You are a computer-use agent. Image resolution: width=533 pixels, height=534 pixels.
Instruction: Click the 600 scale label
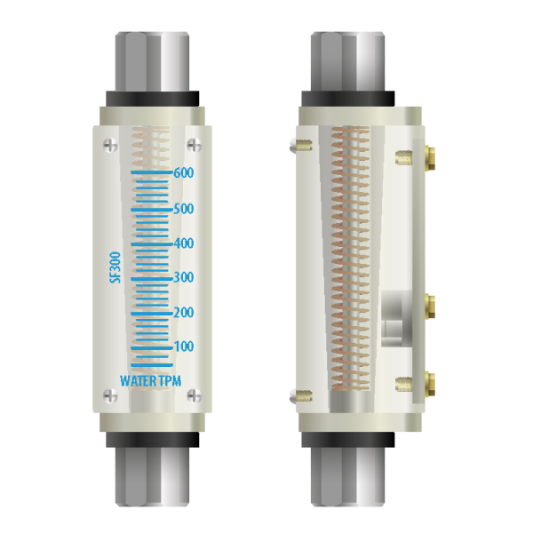184,172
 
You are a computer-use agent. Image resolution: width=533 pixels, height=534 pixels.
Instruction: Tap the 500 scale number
184,209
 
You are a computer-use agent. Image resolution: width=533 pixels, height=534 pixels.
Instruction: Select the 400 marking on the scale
184,243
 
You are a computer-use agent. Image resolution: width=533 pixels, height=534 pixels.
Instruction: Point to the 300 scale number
184,277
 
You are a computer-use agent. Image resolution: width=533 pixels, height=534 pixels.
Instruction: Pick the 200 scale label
184,312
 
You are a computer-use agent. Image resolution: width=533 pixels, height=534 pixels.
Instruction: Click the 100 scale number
184,347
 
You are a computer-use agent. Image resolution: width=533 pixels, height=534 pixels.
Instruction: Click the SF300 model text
115,267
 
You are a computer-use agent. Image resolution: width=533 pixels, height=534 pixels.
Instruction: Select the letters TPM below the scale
170,381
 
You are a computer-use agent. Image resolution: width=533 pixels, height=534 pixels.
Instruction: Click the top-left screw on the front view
110,146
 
